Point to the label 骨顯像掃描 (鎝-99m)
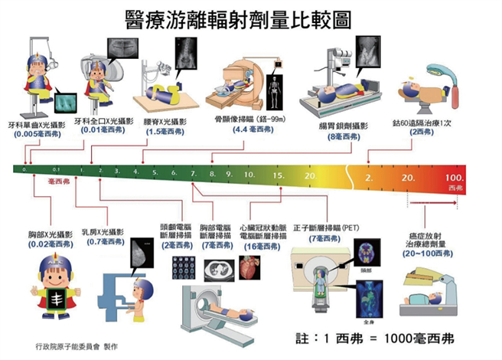tap(245, 120)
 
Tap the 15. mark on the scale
tap(278, 175)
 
